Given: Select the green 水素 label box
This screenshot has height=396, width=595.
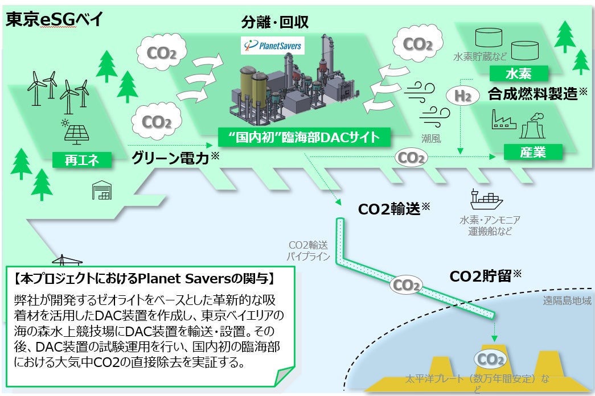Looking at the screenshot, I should pos(518,73).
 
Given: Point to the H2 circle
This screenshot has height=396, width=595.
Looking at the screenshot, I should pos(463,96).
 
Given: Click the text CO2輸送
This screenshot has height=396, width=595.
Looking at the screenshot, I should pos(389,209).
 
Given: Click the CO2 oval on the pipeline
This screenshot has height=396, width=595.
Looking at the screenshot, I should pos(408,284).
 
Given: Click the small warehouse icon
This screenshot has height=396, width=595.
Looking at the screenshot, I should pos(102,191).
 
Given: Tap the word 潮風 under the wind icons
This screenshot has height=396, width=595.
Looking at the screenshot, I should pos(431,138).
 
